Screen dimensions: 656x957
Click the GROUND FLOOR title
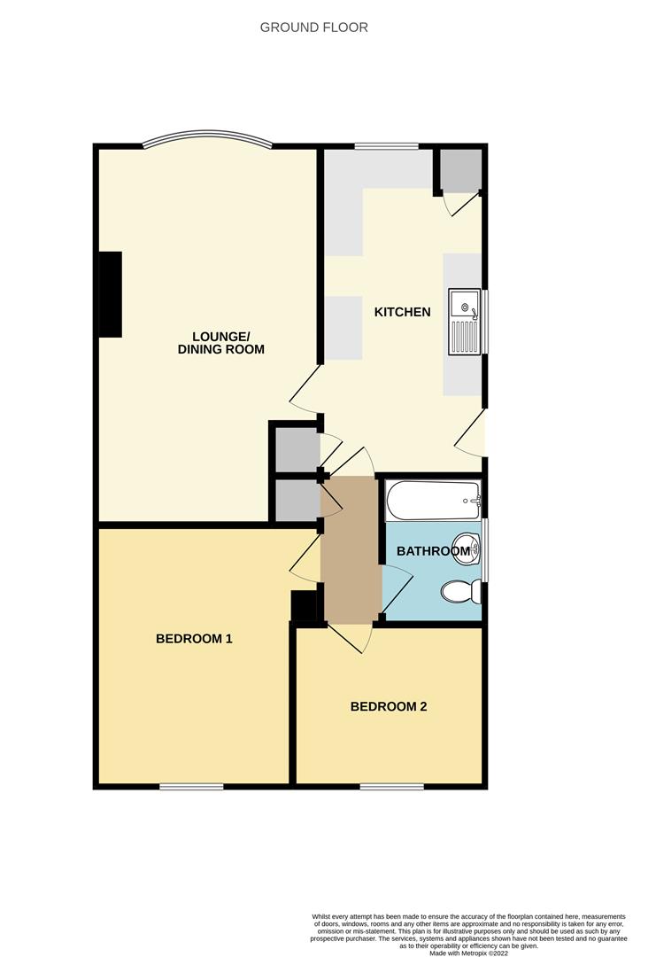[314, 27]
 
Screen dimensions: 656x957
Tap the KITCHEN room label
[403, 312]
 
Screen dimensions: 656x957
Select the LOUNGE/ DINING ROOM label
[220, 343]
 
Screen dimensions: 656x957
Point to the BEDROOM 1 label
[194, 639]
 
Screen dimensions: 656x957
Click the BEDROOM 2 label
[389, 707]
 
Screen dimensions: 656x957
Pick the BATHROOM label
[434, 551]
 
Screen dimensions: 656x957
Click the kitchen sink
[465, 322]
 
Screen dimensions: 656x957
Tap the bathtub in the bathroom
[433, 501]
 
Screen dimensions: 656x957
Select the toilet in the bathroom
[461, 592]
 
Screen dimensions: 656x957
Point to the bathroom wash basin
[469, 548]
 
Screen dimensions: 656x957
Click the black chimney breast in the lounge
[111, 294]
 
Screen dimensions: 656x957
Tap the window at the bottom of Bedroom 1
[191, 787]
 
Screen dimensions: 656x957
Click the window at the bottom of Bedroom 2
[391, 787]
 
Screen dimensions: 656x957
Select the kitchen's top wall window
[387, 146]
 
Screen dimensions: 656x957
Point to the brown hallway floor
[351, 550]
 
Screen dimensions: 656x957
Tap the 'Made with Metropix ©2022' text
[468, 953]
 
